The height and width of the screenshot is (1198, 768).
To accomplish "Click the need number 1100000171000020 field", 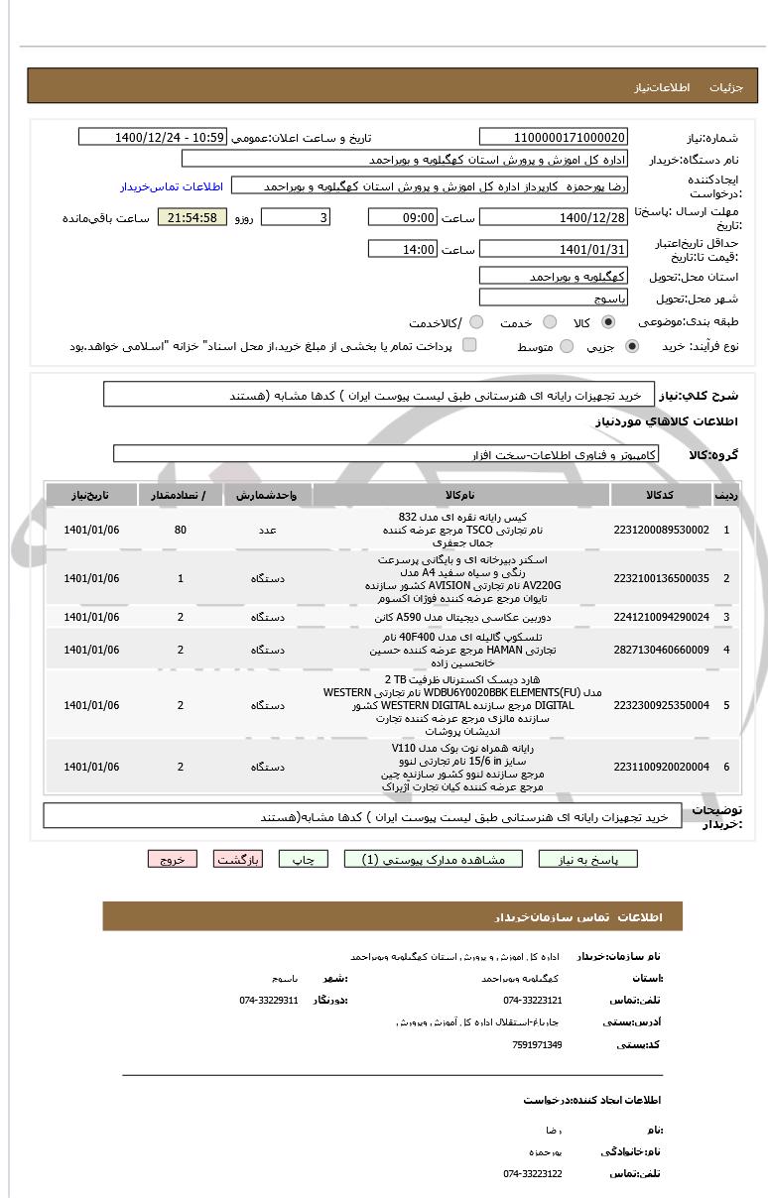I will pos(553,137).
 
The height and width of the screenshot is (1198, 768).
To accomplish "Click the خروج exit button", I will pos(173,859).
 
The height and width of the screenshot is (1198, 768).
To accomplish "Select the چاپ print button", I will pos(303,859).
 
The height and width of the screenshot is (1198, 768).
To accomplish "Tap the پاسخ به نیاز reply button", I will pos(588,859).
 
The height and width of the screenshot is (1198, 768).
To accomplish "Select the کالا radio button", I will pos(609,322).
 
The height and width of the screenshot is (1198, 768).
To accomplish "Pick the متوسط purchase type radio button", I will pos(568,346).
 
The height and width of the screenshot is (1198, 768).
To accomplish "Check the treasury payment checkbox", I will pos(470,345).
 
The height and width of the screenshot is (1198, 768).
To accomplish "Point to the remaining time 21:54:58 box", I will pos(192,217).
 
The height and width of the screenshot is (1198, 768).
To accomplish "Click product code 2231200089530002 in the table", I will pos(662,530).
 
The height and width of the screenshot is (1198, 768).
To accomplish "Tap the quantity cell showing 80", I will pos(181,530).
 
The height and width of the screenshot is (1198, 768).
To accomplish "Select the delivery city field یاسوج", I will pos(553,298).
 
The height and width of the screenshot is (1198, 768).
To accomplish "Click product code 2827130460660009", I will pos(662,650).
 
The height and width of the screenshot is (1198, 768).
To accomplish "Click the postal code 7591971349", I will pos(538,1044).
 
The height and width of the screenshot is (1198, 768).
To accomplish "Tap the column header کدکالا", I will pos(661,494).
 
